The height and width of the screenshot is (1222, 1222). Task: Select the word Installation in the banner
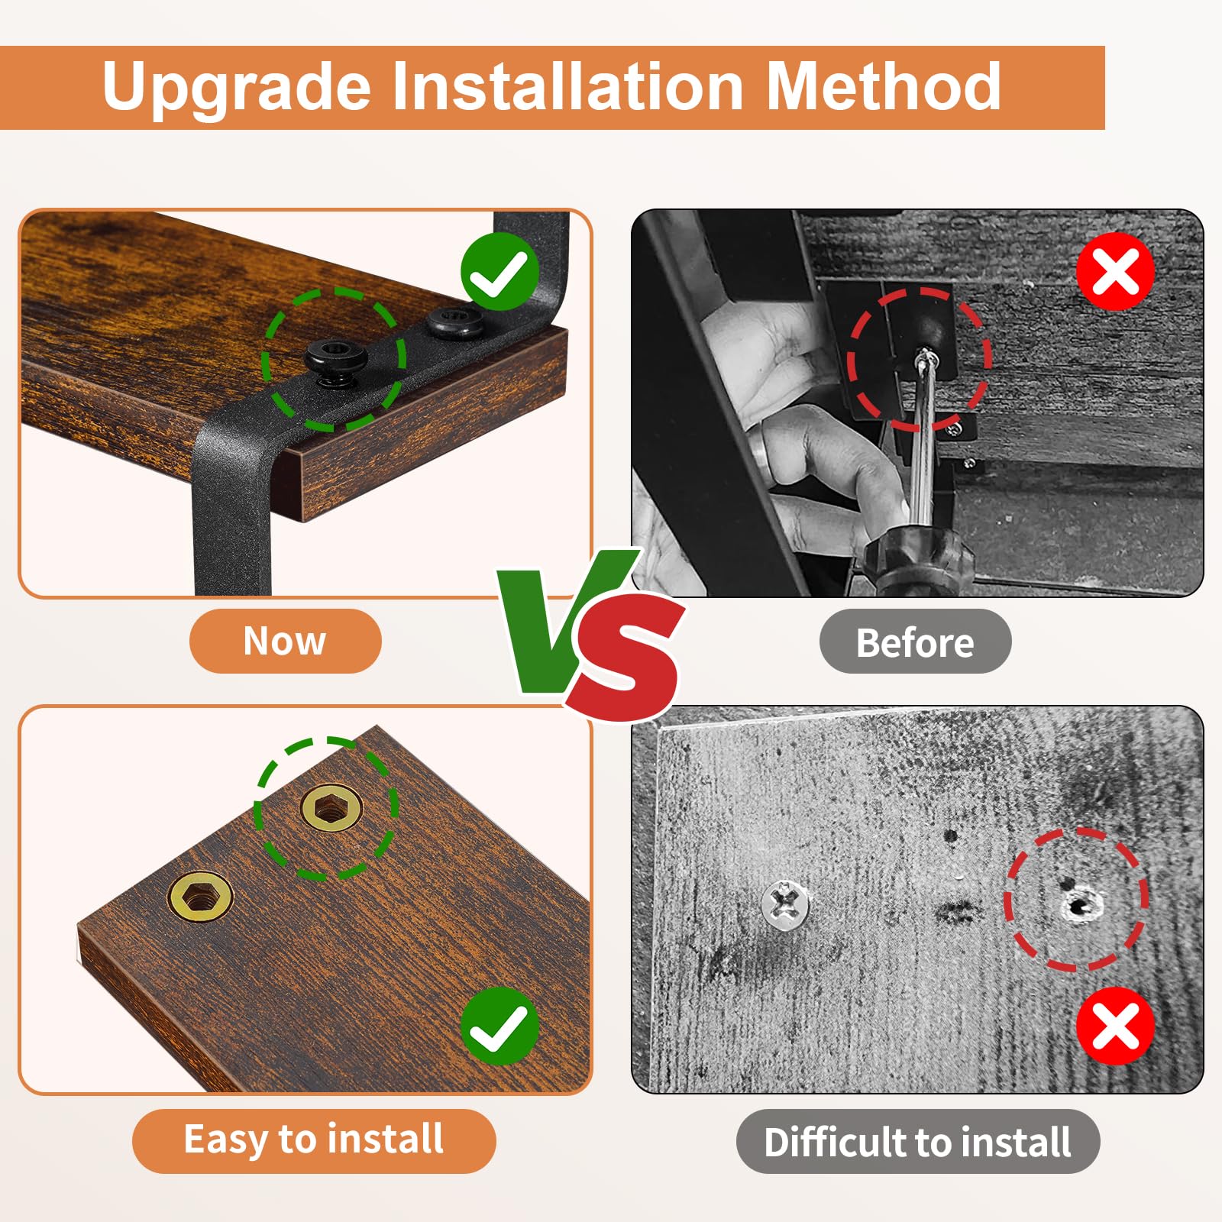(568, 86)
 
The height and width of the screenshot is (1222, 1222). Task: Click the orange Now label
(285, 641)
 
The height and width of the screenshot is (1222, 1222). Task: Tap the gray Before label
(915, 642)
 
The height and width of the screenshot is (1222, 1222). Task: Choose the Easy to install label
(314, 1141)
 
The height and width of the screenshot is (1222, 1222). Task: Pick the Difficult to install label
(917, 1142)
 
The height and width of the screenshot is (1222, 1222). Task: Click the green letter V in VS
(561, 619)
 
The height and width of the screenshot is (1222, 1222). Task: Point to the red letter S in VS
(628, 657)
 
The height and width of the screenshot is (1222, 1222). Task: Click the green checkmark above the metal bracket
(499, 272)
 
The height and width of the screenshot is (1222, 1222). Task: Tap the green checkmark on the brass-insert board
(499, 1026)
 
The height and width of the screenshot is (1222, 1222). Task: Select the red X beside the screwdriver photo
(1115, 272)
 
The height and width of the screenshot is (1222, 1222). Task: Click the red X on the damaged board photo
(1115, 1026)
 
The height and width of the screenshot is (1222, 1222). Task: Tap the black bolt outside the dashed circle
(454, 322)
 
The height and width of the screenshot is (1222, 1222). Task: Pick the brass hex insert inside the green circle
(331, 808)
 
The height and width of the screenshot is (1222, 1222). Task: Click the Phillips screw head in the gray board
(785, 904)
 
